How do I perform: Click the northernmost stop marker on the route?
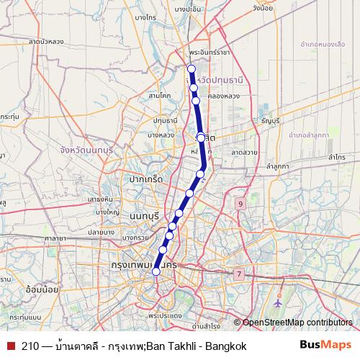[x=191, y=69]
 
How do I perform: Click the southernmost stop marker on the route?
[x=156, y=271]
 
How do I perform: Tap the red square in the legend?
[x=11, y=346]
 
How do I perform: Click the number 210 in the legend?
[x=31, y=346]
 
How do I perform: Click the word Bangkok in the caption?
[x=226, y=346]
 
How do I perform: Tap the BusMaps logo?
[x=325, y=346]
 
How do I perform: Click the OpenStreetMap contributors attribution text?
[x=297, y=322]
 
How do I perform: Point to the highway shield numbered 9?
[x=239, y=204]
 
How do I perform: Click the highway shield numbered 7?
[x=239, y=274]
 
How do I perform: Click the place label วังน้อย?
[x=261, y=9]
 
